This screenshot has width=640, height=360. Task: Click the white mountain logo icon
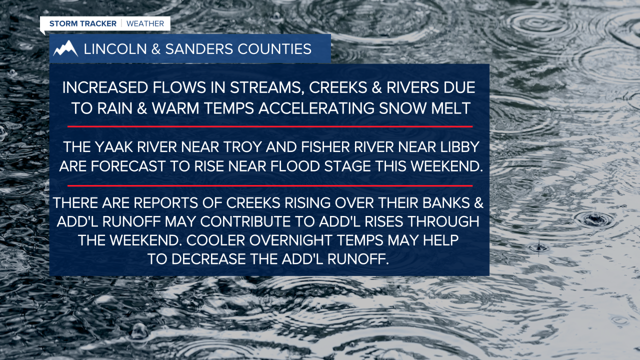click(x=66, y=48)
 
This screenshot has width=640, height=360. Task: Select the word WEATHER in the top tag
click(x=145, y=23)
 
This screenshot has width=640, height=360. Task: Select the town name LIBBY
click(x=457, y=148)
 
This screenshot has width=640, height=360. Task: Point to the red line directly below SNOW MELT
click(x=269, y=126)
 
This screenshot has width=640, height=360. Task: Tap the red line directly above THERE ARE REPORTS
click(x=269, y=185)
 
